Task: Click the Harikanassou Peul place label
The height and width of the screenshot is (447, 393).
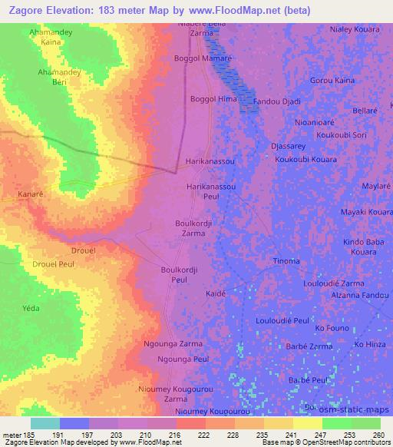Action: coord(211,191)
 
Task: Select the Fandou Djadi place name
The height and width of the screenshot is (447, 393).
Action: coord(277,101)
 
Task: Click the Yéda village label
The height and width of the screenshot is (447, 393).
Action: coord(31,308)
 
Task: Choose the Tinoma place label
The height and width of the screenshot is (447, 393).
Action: coord(286,261)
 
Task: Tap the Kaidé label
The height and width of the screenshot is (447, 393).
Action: coord(216,293)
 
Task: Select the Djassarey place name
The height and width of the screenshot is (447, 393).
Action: coord(289,144)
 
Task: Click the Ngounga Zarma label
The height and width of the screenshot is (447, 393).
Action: coord(173,344)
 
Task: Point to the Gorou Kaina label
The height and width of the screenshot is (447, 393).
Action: coord(332,80)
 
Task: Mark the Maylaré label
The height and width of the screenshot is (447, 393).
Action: coord(376,187)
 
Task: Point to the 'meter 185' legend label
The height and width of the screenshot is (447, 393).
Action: coord(18,435)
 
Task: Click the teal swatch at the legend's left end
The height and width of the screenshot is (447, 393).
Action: coord(45,423)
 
